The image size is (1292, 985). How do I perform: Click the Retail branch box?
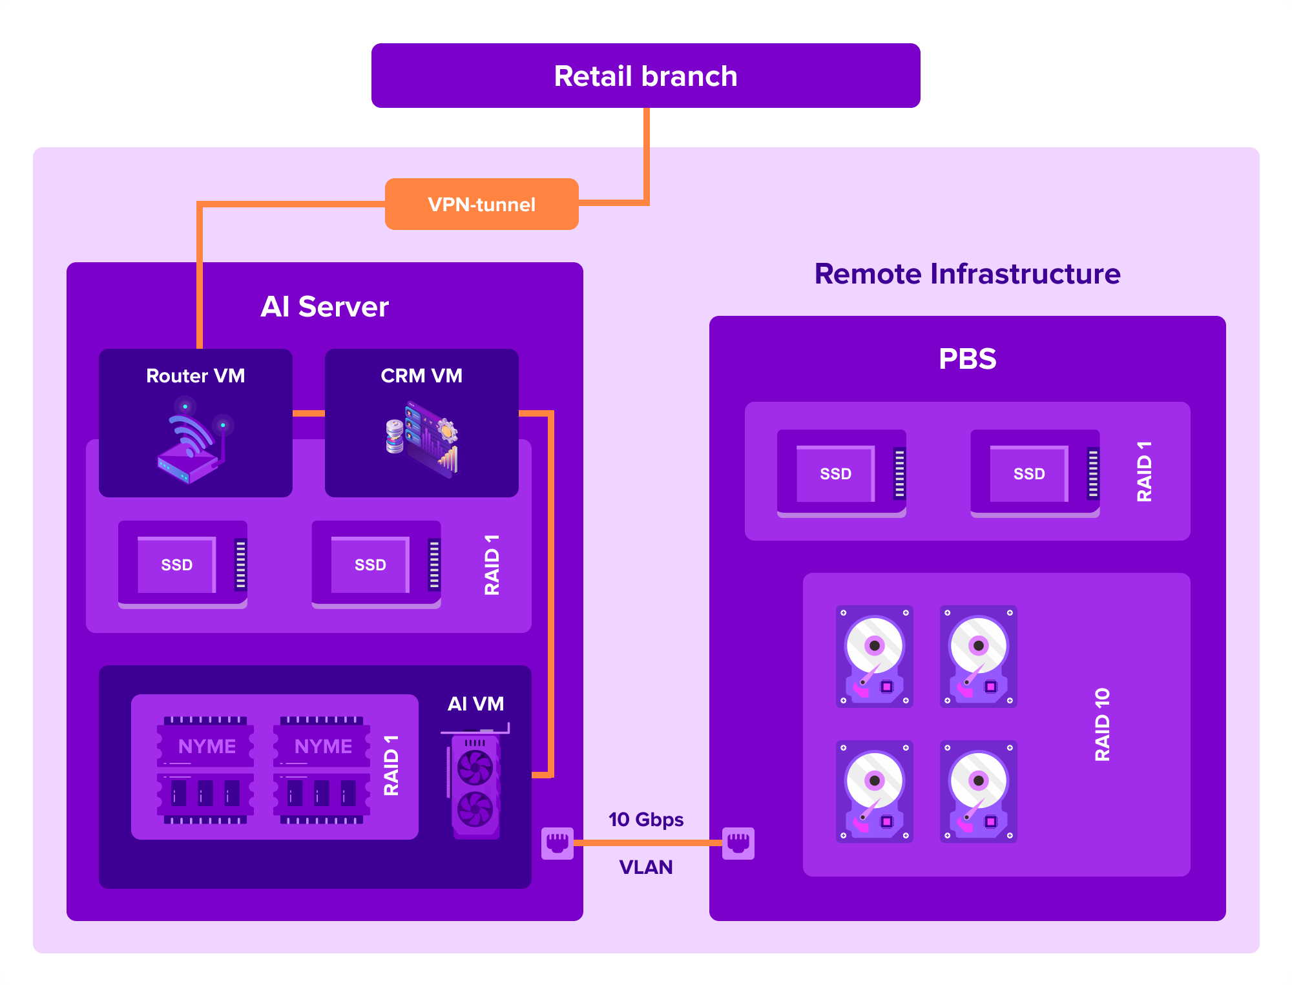(x=645, y=76)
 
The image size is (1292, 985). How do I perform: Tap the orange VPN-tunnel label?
(x=481, y=204)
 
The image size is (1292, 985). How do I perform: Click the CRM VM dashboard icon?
(x=422, y=439)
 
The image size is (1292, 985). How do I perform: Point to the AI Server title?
(x=324, y=307)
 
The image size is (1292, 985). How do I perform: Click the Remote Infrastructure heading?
(x=967, y=274)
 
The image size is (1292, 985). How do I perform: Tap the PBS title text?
(x=967, y=358)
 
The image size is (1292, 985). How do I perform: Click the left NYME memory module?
(x=205, y=769)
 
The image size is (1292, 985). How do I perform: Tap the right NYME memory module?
(x=322, y=769)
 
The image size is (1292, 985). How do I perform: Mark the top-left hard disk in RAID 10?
(x=874, y=656)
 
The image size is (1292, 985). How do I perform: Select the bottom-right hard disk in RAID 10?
(x=978, y=791)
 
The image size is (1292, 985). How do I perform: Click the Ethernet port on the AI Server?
(x=557, y=843)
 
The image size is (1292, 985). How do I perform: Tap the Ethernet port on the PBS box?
(x=738, y=843)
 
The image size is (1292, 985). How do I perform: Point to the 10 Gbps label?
(x=645, y=819)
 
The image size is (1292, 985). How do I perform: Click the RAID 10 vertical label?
(x=1102, y=724)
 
